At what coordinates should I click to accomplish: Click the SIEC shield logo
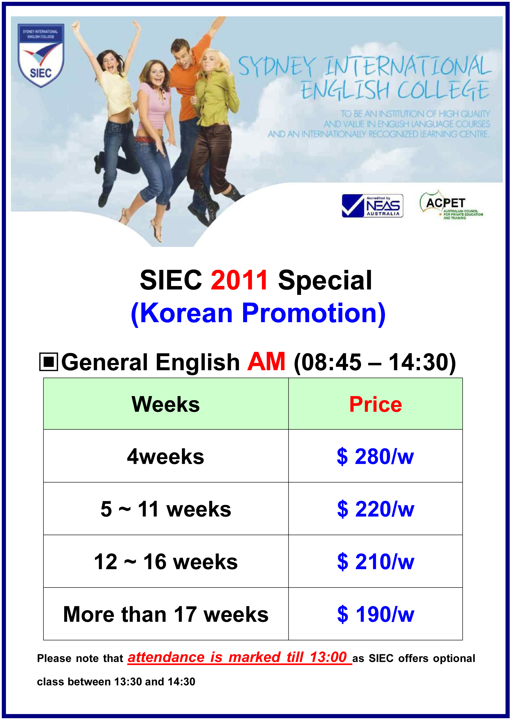(41, 55)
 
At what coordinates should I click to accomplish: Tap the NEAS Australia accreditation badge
(372, 206)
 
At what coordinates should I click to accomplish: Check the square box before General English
(49, 362)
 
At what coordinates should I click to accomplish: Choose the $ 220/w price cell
(376, 509)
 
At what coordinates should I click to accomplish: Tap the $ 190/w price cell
(376, 614)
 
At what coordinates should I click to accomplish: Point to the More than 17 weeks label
(166, 614)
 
